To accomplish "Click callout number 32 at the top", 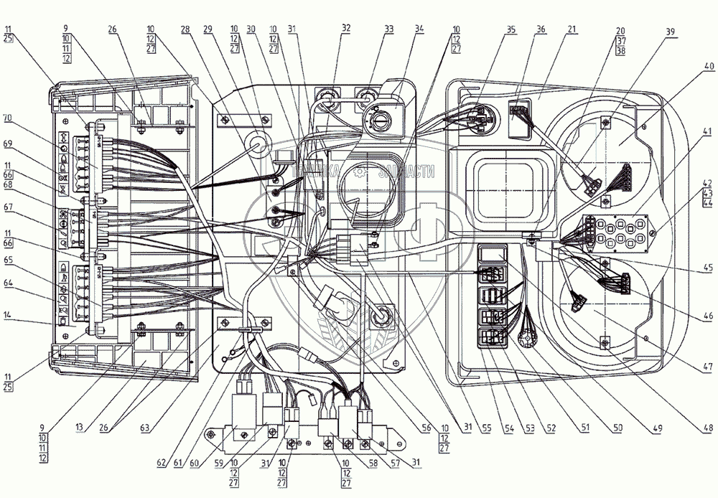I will click(x=346, y=29).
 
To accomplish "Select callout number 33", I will click(x=388, y=29).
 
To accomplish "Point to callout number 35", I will click(x=510, y=29).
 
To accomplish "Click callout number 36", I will click(x=540, y=29).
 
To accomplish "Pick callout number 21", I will click(x=572, y=29).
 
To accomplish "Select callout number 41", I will click(x=709, y=132).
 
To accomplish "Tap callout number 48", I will click(x=709, y=429).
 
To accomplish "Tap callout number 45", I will click(x=709, y=269).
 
